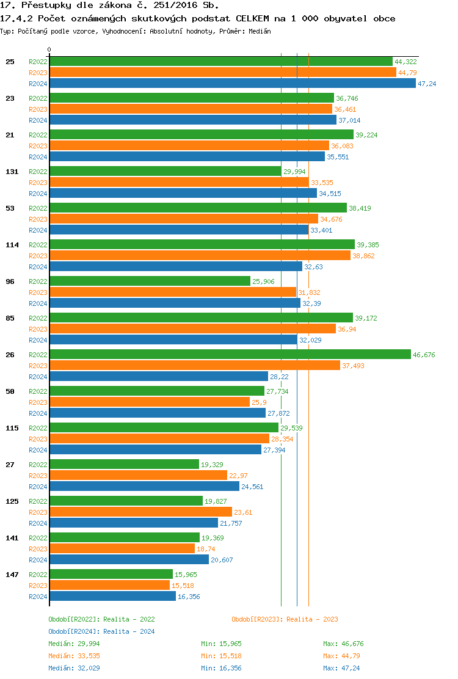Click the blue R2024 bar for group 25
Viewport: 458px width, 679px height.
coord(232,84)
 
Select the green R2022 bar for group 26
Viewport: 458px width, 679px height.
coord(230,355)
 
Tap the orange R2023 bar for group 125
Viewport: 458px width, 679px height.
coord(140,512)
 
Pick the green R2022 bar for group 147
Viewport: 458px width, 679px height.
coord(111,575)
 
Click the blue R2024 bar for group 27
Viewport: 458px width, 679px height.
coord(144,487)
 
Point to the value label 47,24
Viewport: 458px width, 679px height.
coord(427,84)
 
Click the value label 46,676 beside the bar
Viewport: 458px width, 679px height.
coord(424,355)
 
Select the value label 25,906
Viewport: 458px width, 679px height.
coord(264,281)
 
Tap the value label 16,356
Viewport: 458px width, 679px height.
coord(189,597)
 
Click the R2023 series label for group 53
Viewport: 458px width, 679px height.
coord(38,219)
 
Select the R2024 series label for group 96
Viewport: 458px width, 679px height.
coord(38,303)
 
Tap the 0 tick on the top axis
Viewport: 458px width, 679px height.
coord(49,49)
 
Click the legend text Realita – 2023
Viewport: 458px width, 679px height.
coord(312,619)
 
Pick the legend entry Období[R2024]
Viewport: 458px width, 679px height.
coord(75,631)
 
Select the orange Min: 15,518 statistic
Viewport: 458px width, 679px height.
coord(221,656)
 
